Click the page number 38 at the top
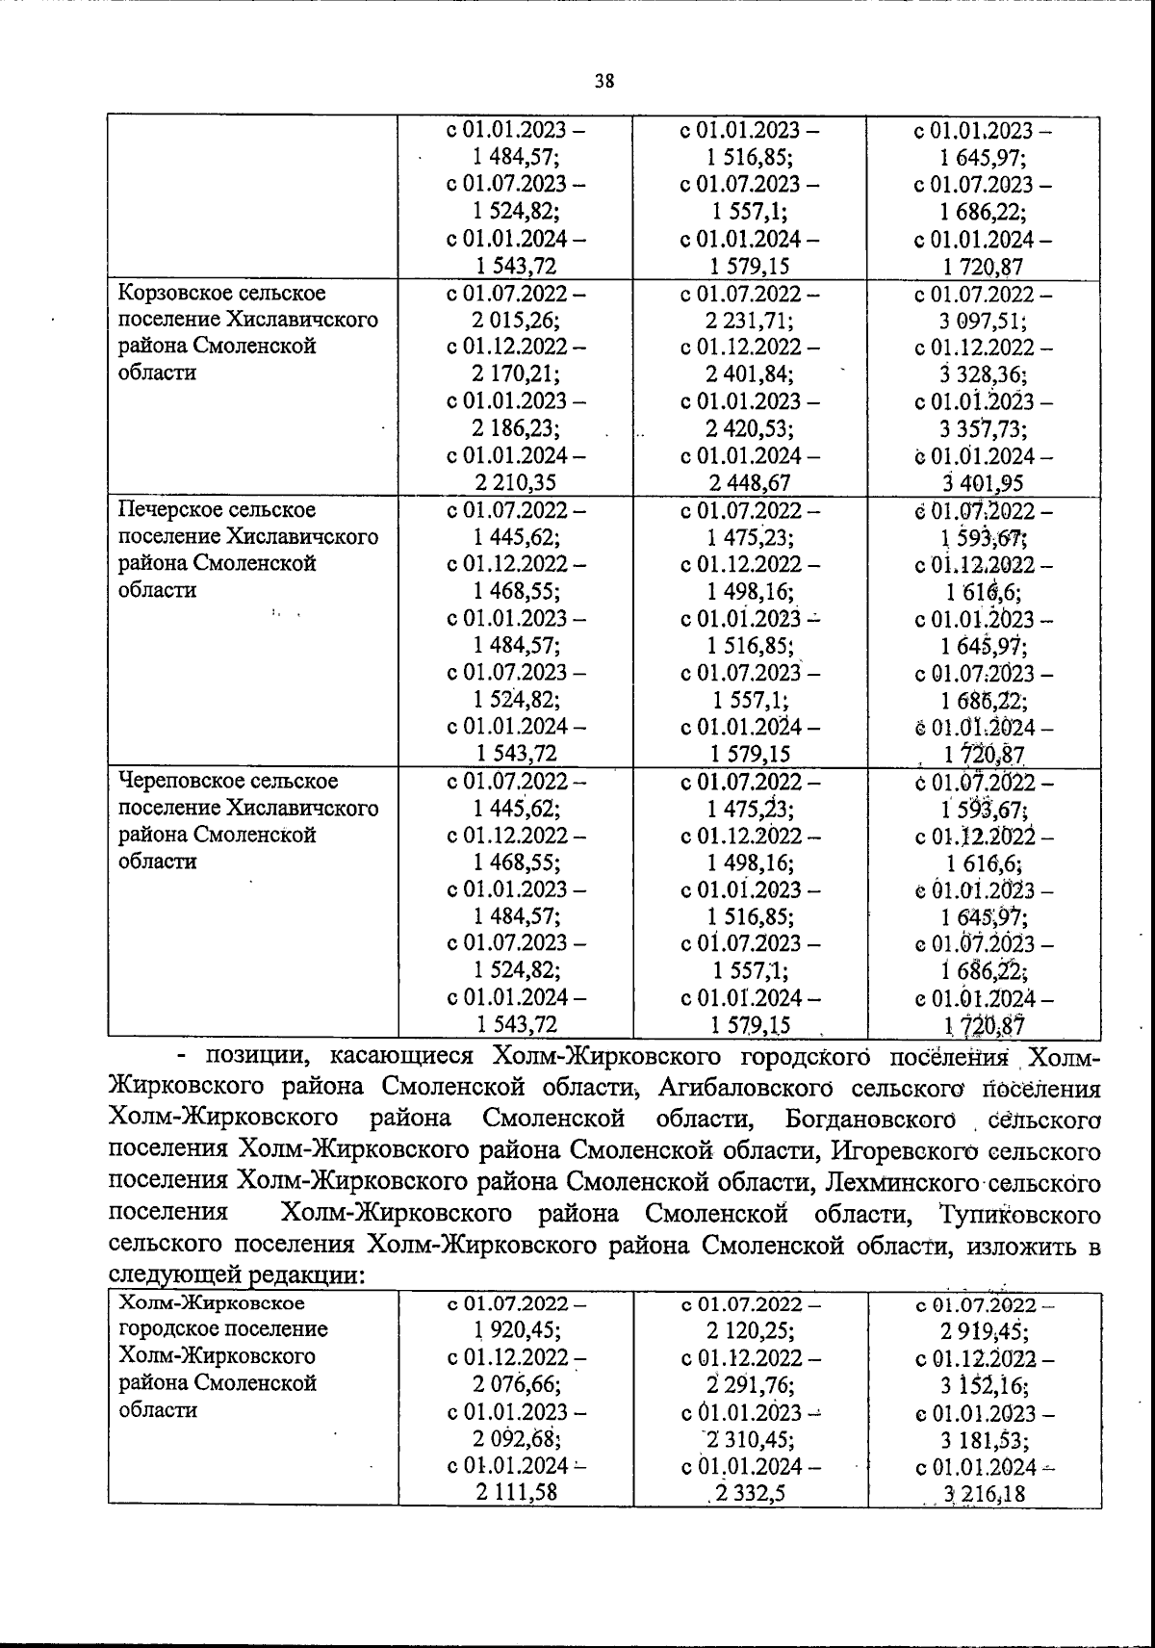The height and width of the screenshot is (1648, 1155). (604, 81)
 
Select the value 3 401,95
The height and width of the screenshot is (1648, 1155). (983, 483)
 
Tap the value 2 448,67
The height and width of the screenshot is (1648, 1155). (750, 483)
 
